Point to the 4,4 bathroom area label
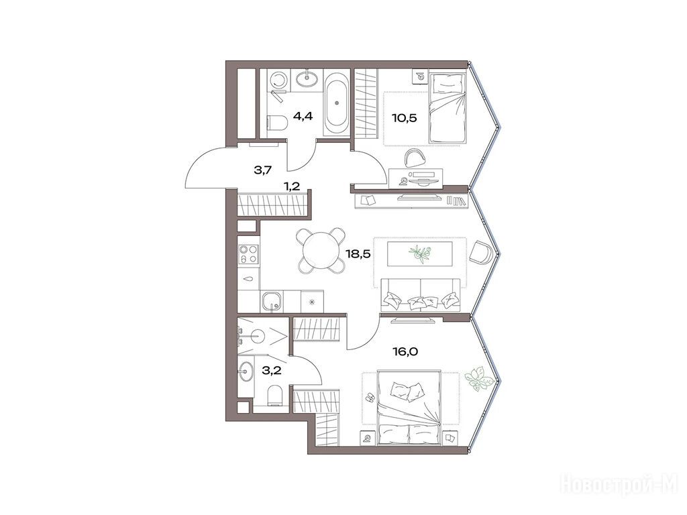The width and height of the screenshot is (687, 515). pyautogui.click(x=303, y=117)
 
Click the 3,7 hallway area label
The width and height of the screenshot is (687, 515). pyautogui.click(x=263, y=170)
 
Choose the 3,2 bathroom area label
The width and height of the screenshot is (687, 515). pyautogui.click(x=272, y=371)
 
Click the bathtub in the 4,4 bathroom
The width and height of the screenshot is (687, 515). pyautogui.click(x=337, y=103)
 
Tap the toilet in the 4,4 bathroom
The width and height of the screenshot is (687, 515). pyautogui.click(x=276, y=122)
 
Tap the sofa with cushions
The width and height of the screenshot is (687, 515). pyautogui.click(x=421, y=294)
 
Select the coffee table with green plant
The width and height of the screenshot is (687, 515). pyautogui.click(x=419, y=253)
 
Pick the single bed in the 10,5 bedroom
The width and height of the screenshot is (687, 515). pyautogui.click(x=447, y=108)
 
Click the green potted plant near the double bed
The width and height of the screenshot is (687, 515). pyautogui.click(x=477, y=378)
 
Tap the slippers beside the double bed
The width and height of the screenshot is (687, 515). pyautogui.click(x=370, y=397)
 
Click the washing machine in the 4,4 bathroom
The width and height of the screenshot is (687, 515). pyautogui.click(x=277, y=82)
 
